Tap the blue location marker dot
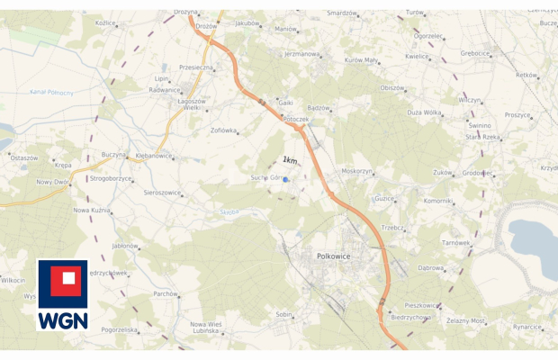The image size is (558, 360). pyautogui.click(x=285, y=179)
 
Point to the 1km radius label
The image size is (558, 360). pyautogui.click(x=290, y=160)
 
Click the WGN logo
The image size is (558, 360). pyautogui.click(x=62, y=295)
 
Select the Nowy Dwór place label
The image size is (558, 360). pyautogui.click(x=52, y=182)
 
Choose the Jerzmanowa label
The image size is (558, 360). pyautogui.click(x=301, y=54)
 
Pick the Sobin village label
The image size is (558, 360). pyautogui.click(x=284, y=314)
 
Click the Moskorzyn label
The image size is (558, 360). pyautogui.click(x=357, y=171)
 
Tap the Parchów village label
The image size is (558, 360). pyautogui.click(x=165, y=293)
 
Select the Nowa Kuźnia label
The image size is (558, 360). pyautogui.click(x=91, y=210)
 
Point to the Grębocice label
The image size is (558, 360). pyautogui.click(x=474, y=53)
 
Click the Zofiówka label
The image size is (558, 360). pyautogui.click(x=223, y=130)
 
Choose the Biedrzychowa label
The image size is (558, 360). pyautogui.click(x=411, y=318)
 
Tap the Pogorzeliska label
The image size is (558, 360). pyautogui.click(x=120, y=330)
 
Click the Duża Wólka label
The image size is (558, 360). pyautogui.click(x=425, y=112)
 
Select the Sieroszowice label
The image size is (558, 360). pyautogui.click(x=162, y=193)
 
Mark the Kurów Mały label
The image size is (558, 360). pyautogui.click(x=360, y=60)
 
